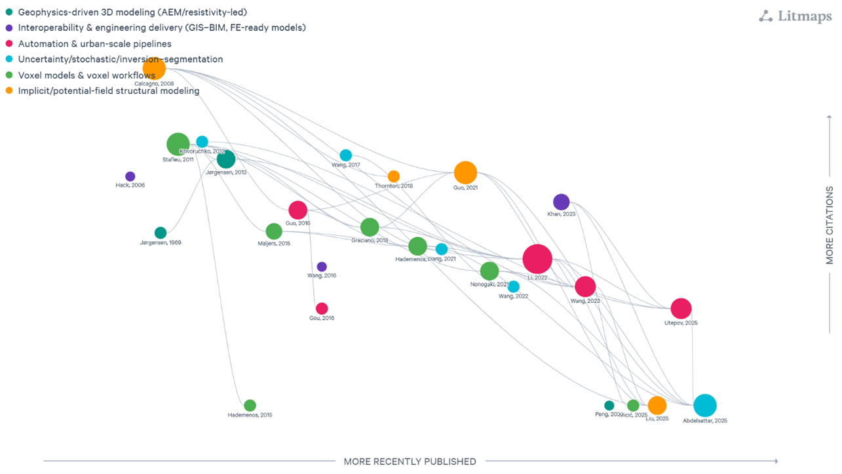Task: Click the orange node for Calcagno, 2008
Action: (x=154, y=68)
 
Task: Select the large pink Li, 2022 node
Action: (x=537, y=259)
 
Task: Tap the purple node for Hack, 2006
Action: (x=130, y=176)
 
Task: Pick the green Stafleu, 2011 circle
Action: (x=178, y=144)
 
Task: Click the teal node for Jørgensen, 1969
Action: (x=161, y=233)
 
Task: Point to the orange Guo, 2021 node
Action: (x=465, y=173)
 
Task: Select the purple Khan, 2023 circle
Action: (x=561, y=203)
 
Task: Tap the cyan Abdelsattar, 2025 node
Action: (x=704, y=406)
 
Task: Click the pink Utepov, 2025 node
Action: (x=681, y=308)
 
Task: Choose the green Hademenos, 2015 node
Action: (x=250, y=405)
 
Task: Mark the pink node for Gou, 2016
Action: (x=322, y=308)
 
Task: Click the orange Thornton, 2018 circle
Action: (x=393, y=176)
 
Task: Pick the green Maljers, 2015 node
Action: (x=274, y=231)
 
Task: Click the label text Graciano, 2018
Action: (x=370, y=241)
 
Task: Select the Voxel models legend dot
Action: (x=9, y=75)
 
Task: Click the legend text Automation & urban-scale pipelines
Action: (x=95, y=44)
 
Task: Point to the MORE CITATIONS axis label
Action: (x=830, y=225)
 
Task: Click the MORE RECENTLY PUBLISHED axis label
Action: (x=410, y=462)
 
